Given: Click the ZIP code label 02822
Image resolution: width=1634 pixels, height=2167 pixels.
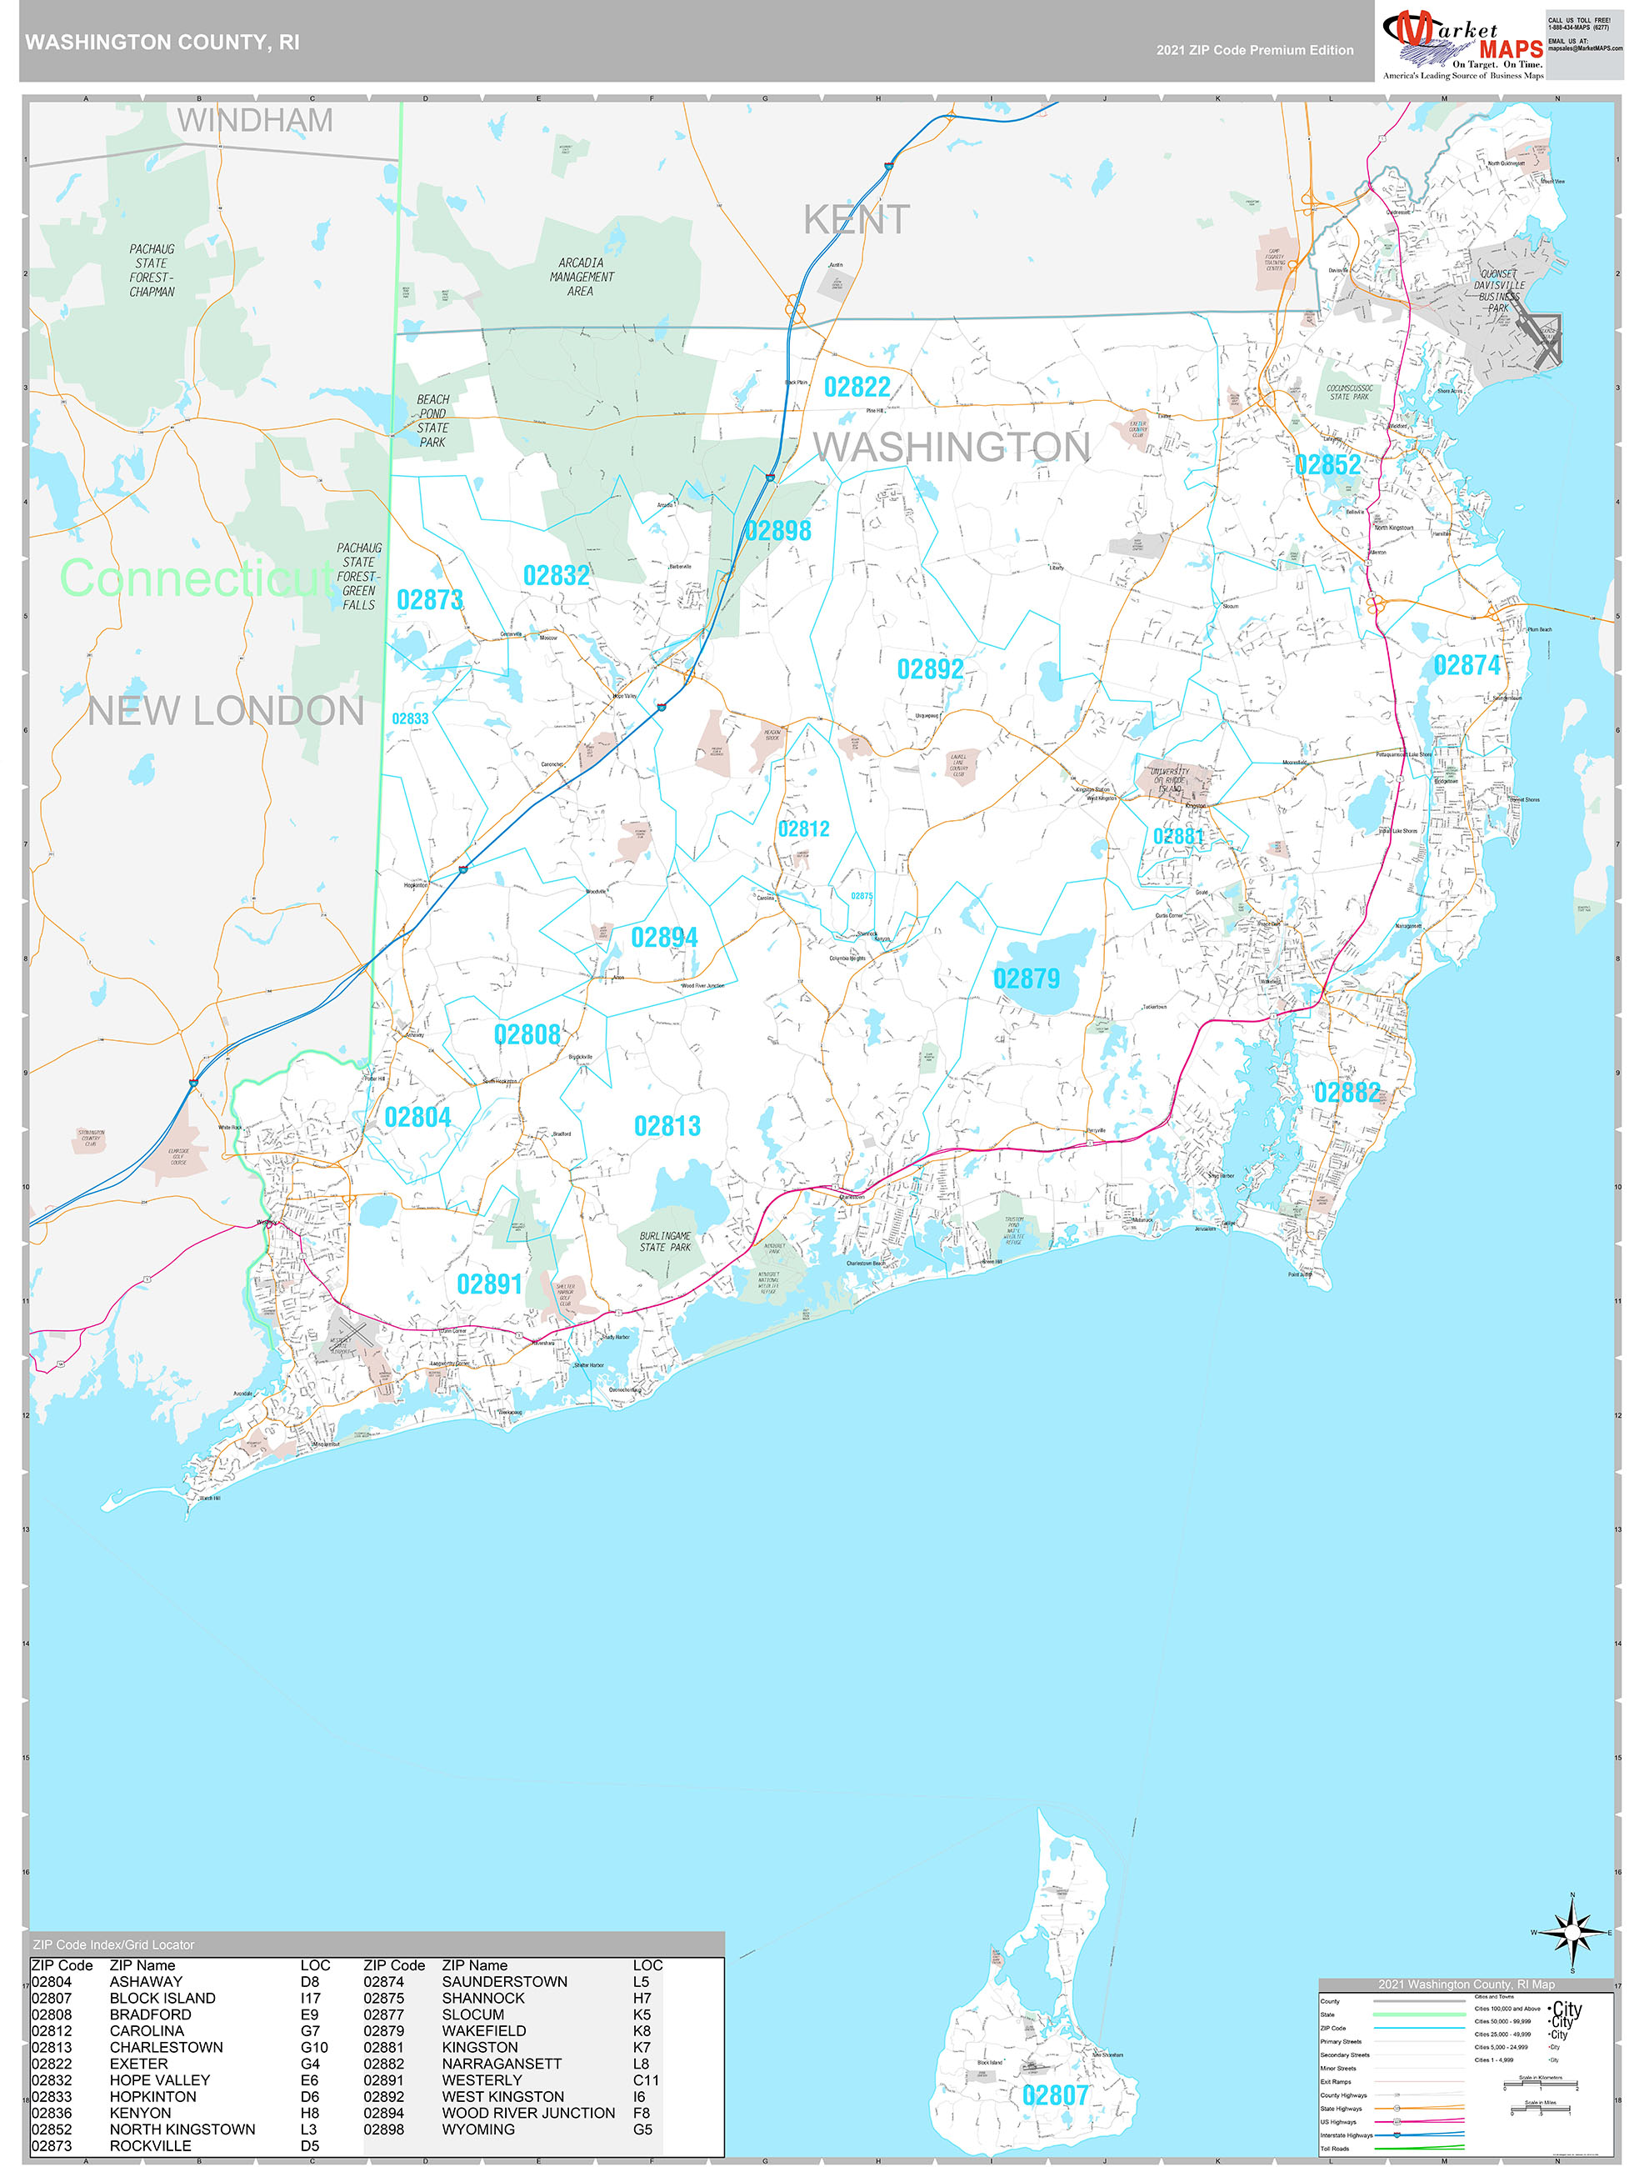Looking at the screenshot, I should pos(857,387).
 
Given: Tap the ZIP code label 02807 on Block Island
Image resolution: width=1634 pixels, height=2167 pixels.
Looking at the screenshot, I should pos(1054,2095).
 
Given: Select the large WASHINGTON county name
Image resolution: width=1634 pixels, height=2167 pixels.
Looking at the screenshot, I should pos(952,447).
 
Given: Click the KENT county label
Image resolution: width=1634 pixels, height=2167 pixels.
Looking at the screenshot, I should pos(857,219).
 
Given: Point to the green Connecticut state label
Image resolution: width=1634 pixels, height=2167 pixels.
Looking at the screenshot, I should pos(196,578).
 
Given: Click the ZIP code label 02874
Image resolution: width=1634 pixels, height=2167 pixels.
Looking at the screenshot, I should pos(1466,666).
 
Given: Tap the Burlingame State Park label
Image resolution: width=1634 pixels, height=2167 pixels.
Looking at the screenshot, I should pos(665,1241).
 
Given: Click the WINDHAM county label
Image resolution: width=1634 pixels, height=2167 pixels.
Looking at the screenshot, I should pos(255,121).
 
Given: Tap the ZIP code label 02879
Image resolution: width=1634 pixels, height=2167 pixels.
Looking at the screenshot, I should pos(1026,978).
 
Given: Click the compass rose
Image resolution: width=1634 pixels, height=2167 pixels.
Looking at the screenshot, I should pos(1572,1932).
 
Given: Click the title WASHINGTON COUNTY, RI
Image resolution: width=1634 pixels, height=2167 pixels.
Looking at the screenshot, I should pos(162,43).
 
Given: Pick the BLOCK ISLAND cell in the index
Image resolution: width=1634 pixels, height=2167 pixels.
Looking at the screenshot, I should pos(162,1999).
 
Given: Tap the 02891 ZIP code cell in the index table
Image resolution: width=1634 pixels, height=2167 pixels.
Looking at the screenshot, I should pos(383,2079).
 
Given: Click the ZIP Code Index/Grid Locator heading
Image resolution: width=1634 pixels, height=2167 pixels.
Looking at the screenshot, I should pos(113,1944).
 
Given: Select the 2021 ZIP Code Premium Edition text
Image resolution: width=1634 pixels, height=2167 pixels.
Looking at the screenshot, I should pos(1254,50).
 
